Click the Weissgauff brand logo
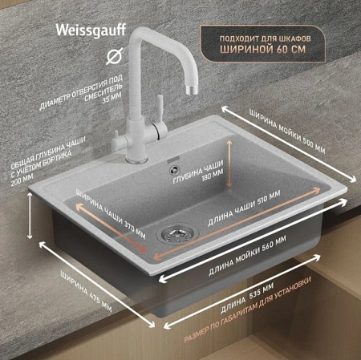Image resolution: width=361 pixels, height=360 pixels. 91,30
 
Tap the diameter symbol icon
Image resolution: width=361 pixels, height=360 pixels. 115,56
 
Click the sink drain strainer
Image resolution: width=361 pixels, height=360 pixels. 177,234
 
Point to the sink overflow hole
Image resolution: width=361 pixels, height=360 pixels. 174,169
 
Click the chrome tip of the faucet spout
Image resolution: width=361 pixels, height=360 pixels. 192,90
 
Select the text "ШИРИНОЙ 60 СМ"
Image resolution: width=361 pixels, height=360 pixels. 262,49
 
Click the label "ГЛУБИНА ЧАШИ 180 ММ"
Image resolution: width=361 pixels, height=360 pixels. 199,172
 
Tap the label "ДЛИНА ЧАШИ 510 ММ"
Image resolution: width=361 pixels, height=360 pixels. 244,208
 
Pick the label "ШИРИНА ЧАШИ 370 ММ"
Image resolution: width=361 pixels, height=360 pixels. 111,214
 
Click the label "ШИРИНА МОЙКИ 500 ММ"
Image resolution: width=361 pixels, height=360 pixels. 287,131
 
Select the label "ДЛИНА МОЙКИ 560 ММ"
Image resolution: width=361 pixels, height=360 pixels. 247,255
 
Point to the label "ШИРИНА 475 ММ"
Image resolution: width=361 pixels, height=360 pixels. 86,291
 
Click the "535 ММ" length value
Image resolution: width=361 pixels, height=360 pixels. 262,291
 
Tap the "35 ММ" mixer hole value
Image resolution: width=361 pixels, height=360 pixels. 112,98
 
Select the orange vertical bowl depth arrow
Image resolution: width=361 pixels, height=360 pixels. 229,164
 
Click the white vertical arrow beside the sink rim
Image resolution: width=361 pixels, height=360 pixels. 30,216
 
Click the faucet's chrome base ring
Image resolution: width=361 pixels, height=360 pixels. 136,160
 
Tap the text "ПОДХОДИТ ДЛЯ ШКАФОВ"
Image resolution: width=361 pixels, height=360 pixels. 266,38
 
